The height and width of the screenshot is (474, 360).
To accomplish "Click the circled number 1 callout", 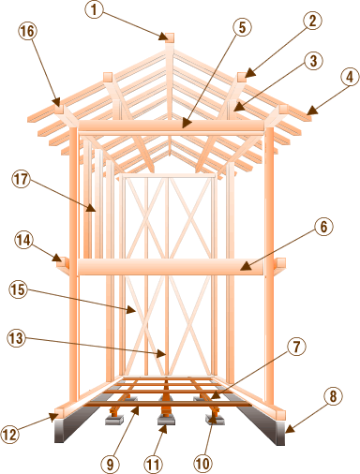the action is (94, 9).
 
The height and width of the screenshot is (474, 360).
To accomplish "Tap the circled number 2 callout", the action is (312, 21).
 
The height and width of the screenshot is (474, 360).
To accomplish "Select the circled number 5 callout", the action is (243, 27).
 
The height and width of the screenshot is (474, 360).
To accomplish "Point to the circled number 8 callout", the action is (333, 396).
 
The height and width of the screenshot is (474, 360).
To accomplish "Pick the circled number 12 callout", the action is (10, 434).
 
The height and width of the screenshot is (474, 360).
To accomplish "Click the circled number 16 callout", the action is (28, 31).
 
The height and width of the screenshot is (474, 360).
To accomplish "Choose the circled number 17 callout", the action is (22, 180).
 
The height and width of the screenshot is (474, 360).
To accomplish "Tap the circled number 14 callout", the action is (23, 240).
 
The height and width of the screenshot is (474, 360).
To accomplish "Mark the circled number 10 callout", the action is (202, 464).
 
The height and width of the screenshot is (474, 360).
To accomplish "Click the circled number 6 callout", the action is (323, 227).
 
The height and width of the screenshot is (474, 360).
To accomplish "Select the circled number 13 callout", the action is (17, 338).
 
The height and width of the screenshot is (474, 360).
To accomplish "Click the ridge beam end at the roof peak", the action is (170, 37).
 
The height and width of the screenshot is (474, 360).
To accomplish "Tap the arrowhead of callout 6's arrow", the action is (246, 266).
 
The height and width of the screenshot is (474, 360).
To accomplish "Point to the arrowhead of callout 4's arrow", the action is (311, 111).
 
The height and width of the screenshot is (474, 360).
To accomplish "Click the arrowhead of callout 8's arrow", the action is (290, 429).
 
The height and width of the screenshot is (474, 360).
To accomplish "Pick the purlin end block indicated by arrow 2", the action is (242, 77).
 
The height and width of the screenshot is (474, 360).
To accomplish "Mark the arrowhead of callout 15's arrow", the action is (131, 310).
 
